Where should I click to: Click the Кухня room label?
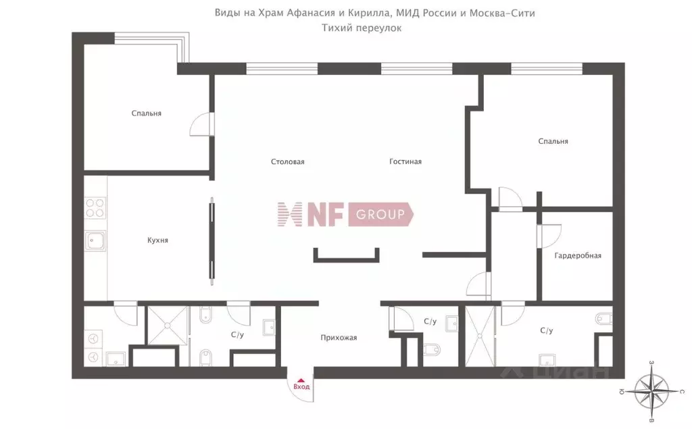pyautogui.click(x=157, y=240)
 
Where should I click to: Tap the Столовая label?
pyautogui.click(x=288, y=161)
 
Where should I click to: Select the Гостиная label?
pyautogui.click(x=405, y=161)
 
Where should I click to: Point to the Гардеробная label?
pyautogui.click(x=578, y=255)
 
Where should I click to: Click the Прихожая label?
pyautogui.click(x=339, y=338)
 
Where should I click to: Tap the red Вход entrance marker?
pyautogui.click(x=301, y=384)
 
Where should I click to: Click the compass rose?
pyautogui.click(x=651, y=391)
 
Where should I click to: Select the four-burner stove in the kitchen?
pyautogui.click(x=95, y=208)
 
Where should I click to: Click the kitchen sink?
pyautogui.click(x=95, y=241)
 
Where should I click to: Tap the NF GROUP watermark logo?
pyautogui.click(x=345, y=215)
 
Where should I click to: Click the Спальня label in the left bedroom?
pyautogui.click(x=146, y=113)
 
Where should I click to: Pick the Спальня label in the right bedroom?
pyautogui.click(x=553, y=141)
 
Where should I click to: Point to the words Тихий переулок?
pyautogui.click(x=362, y=28)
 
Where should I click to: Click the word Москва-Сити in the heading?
pyautogui.click(x=502, y=13)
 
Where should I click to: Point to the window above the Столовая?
pyautogui.click(x=282, y=68)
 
